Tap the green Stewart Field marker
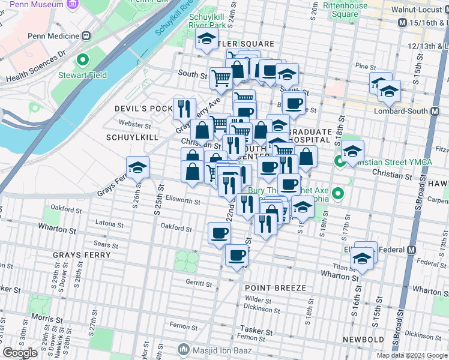83,61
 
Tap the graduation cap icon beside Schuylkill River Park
206,41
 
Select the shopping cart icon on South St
221,77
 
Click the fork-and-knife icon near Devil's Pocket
184,109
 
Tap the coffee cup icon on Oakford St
219,233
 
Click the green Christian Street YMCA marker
340,161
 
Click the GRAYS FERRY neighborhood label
82,255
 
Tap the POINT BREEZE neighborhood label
276,288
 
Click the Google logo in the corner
20,353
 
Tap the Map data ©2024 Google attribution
412,355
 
